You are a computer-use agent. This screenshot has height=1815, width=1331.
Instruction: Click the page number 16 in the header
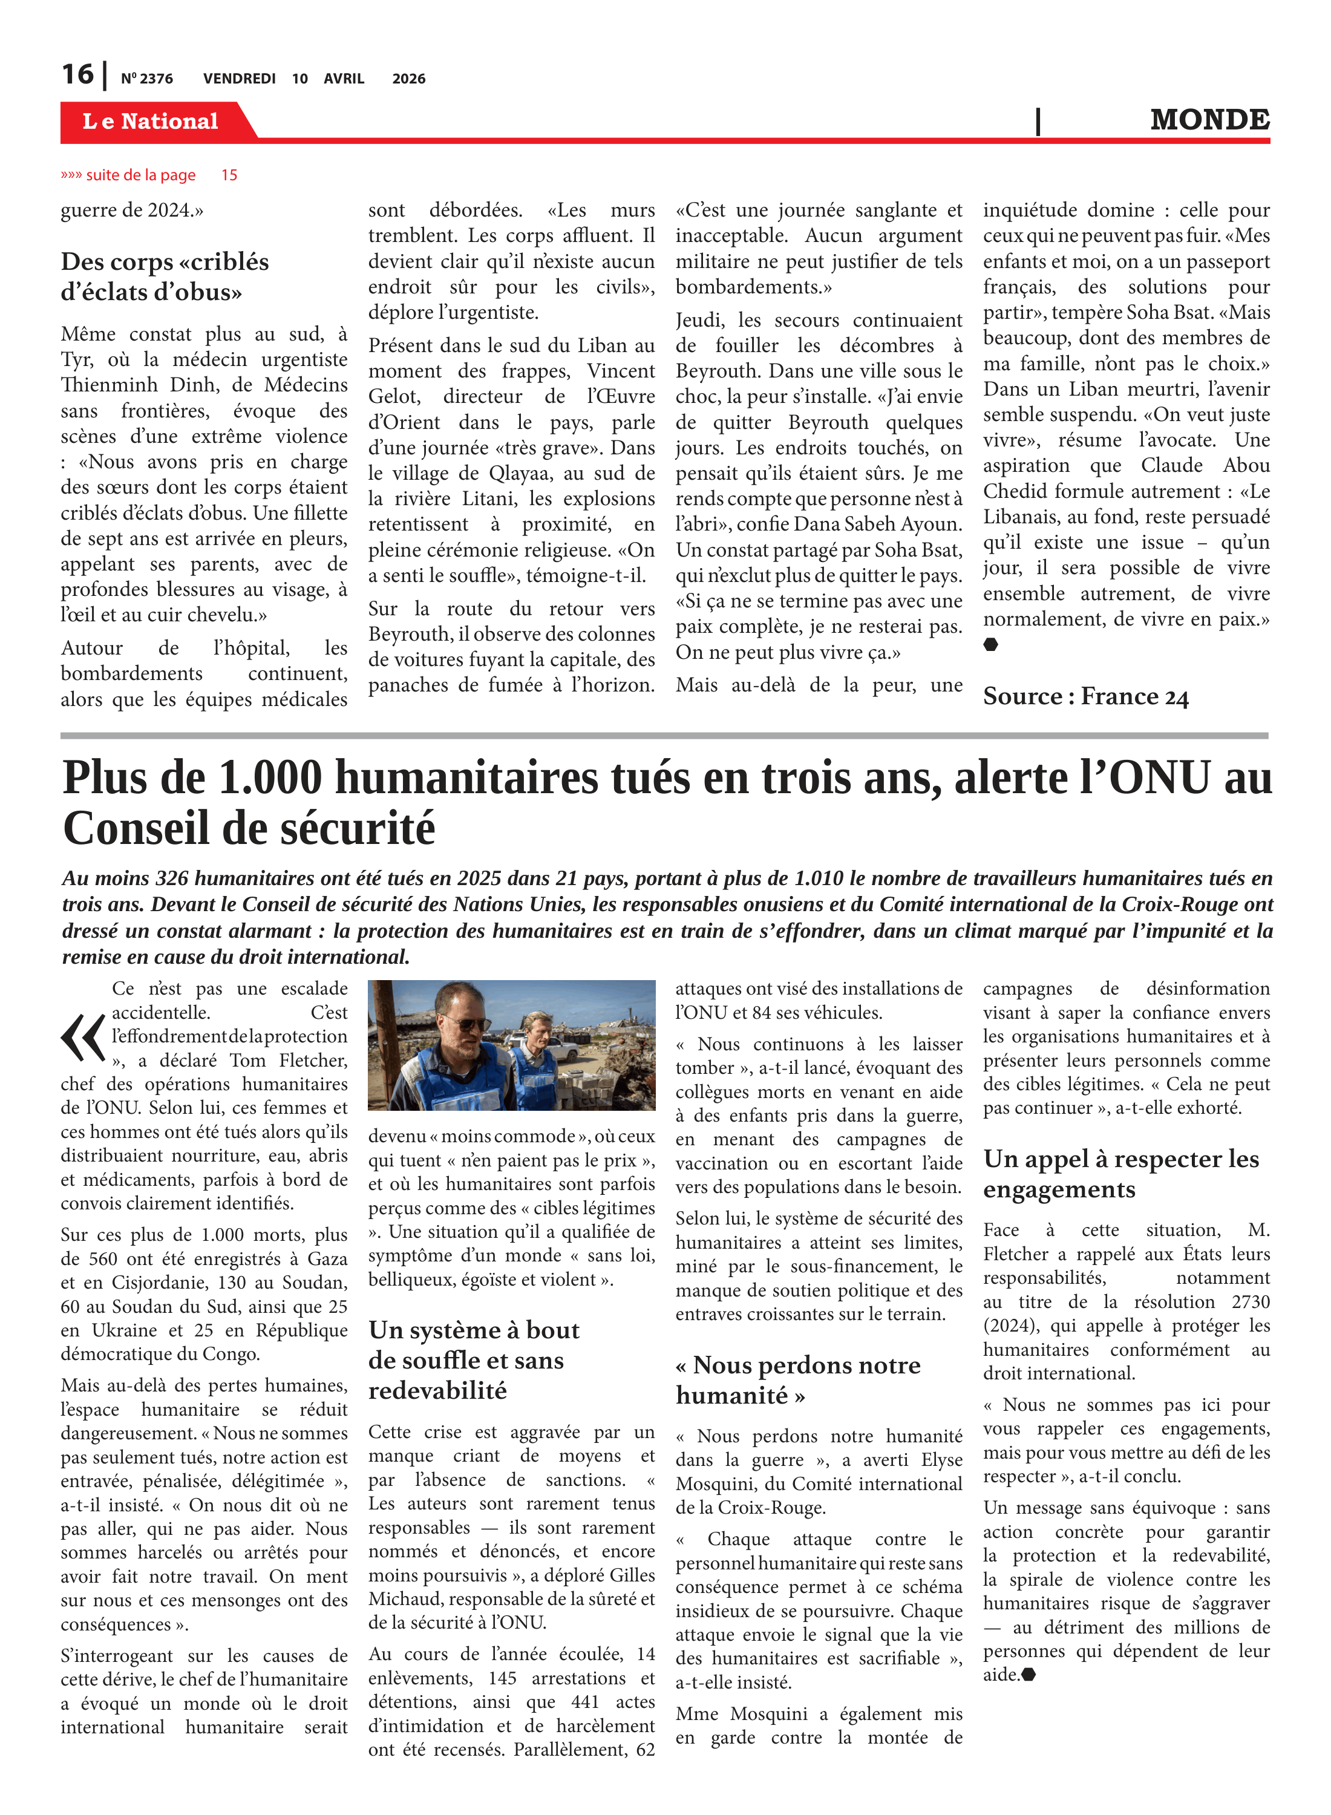[77, 74]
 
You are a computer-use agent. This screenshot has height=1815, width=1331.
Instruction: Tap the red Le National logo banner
[151, 121]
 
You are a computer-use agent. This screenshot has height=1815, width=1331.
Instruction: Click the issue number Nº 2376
[146, 79]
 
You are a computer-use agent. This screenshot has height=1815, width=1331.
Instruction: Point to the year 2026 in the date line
[408, 79]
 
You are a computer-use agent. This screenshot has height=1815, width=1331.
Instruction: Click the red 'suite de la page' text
[141, 175]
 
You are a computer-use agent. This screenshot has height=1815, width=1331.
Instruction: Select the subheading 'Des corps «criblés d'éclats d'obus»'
[165, 276]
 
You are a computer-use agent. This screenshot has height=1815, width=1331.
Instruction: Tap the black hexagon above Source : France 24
[990, 644]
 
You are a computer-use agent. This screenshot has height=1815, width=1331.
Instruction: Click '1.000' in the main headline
[270, 778]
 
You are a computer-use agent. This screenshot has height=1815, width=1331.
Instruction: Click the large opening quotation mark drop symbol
[83, 1037]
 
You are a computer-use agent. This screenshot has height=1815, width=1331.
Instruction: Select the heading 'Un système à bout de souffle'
[473, 1360]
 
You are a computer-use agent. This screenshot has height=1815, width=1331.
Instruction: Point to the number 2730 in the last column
[1249, 1302]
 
